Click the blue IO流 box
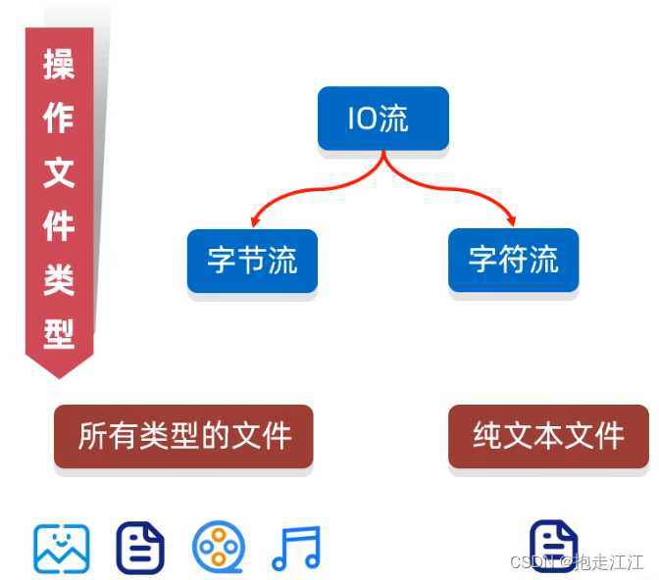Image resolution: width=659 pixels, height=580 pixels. (382, 119)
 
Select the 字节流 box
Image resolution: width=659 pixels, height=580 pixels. (252, 261)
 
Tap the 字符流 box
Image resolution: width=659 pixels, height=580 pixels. (513, 260)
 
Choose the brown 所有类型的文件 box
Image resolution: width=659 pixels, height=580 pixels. (183, 435)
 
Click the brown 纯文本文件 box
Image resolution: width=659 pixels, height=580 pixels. (548, 435)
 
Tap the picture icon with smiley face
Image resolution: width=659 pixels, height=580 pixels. (62, 549)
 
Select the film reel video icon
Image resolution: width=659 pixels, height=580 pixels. (219, 548)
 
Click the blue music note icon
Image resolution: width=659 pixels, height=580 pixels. (295, 549)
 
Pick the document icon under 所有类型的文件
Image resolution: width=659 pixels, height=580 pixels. (140, 548)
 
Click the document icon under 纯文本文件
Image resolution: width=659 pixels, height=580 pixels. (553, 545)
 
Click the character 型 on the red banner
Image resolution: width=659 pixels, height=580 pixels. (59, 334)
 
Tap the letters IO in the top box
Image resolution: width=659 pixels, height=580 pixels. (362, 120)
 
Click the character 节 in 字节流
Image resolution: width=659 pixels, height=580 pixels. (252, 261)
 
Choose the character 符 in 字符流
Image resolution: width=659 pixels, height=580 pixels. (513, 260)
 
